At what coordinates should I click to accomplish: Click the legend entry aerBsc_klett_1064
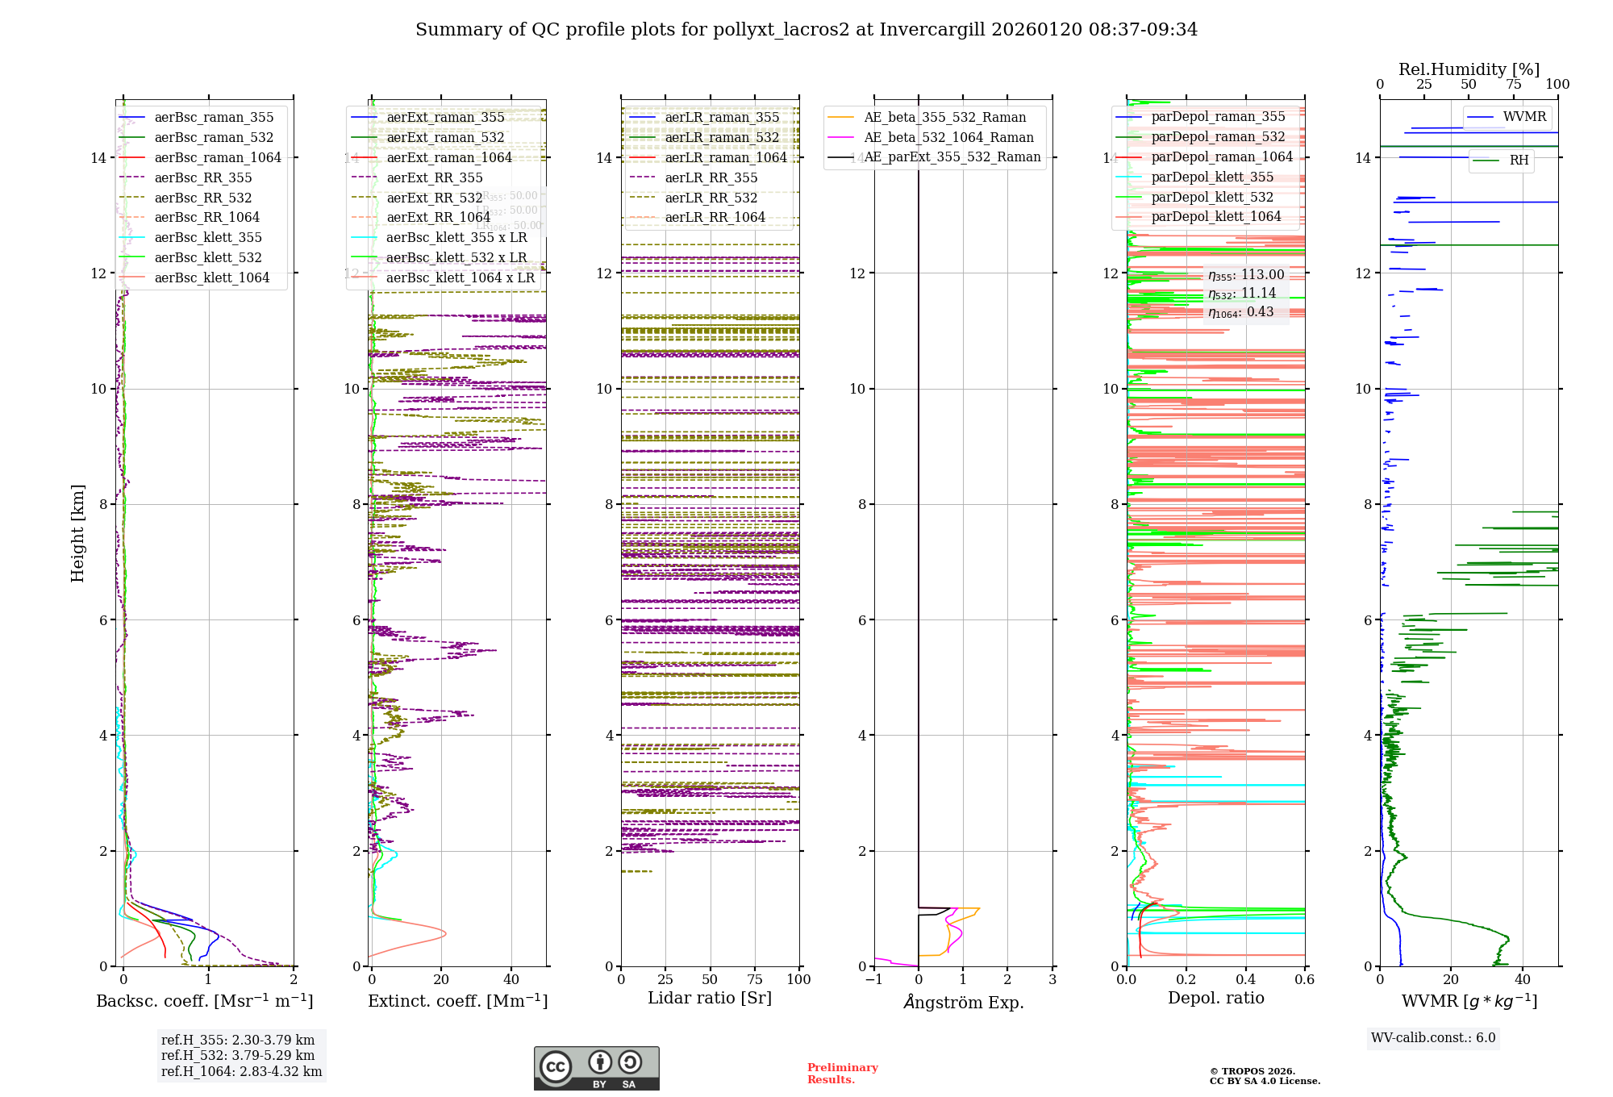point(211,277)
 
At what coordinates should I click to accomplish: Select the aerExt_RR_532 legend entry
point(434,198)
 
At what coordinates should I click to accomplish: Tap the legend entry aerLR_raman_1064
point(725,157)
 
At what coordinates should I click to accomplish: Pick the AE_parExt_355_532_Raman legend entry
point(952,157)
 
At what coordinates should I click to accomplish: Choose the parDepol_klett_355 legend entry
point(1212,177)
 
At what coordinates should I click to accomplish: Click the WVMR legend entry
point(1524,117)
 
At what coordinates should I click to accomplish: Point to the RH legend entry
point(1519,161)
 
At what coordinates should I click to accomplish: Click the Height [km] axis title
point(77,533)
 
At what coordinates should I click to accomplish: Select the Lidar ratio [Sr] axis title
point(710,998)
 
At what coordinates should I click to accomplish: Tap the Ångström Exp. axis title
point(963,1002)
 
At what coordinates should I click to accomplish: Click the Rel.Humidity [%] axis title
point(1469,69)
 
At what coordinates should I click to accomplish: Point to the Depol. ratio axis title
point(1215,998)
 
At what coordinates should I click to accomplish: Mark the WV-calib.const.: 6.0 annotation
point(1433,1038)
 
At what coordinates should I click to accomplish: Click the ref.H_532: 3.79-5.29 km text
point(238,1055)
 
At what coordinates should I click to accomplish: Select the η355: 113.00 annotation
point(1246,275)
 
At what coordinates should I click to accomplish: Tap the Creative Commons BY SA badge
point(596,1069)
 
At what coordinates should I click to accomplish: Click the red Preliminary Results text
point(842,1074)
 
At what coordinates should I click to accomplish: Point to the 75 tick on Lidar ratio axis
point(755,979)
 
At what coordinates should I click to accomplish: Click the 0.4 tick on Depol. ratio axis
point(1245,979)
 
